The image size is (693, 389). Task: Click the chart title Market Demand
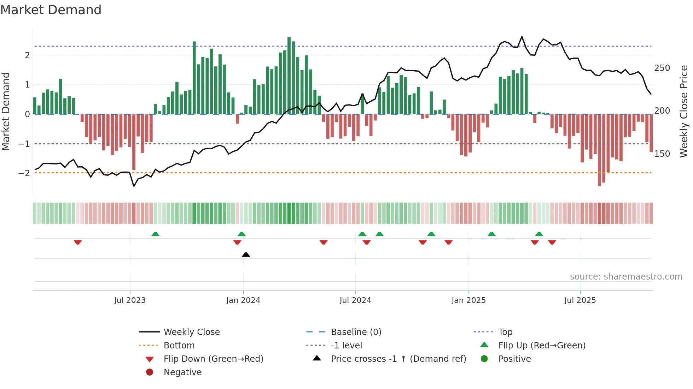[51, 10]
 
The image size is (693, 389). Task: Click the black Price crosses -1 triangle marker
[246, 255]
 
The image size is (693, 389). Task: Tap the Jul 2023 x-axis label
[130, 300]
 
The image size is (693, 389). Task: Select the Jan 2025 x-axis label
[468, 300]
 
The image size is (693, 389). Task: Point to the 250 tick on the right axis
[662, 68]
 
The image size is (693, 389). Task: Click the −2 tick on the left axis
[24, 173]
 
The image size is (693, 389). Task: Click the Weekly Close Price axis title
[684, 111]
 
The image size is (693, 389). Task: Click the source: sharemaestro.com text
[626, 277]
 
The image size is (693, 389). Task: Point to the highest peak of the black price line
[522, 37]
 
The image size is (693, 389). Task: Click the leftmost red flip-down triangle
[78, 242]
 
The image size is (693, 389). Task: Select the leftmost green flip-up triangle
[155, 234]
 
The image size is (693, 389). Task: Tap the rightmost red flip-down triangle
[552, 242]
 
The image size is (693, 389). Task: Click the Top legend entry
[505, 332]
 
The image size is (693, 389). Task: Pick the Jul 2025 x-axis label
[580, 300]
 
